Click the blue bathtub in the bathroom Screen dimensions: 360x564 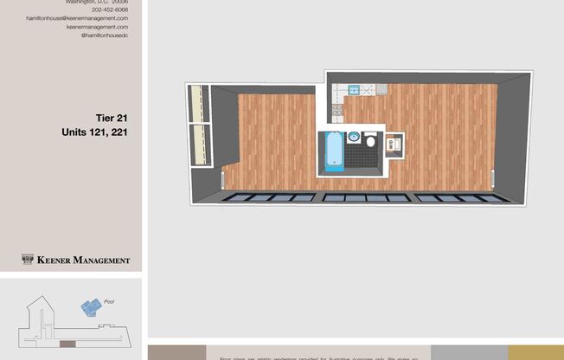[x=334, y=151]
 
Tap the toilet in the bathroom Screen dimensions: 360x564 [x=370, y=141]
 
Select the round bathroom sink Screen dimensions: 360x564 [x=353, y=138]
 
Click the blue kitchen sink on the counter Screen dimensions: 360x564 [x=353, y=89]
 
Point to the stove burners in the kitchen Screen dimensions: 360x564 [x=336, y=111]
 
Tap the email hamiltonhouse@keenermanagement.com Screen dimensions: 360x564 [x=77, y=18]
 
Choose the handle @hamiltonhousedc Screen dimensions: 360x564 [x=104, y=35]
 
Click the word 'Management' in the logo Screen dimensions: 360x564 [x=101, y=260]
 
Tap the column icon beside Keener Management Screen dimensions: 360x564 [x=28, y=259]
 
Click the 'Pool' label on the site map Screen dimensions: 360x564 [x=109, y=302]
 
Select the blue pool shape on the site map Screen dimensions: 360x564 [x=90, y=306]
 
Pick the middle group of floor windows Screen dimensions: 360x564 [x=366, y=198]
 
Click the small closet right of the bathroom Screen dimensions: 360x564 [x=394, y=144]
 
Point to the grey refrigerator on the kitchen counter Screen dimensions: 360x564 [x=379, y=89]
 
